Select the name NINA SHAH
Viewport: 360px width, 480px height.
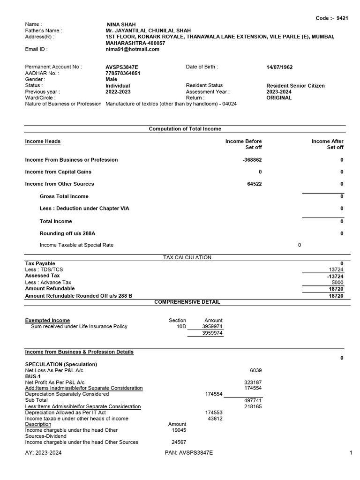coord(121,24)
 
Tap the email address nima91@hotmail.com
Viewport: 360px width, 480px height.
coord(133,49)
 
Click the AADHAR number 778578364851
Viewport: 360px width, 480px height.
coord(123,73)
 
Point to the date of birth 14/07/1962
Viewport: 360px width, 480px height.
coord(279,67)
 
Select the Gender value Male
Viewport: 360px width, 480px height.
coord(112,79)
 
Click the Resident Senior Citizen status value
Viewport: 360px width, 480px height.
coord(295,86)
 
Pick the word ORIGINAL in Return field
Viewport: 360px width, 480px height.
coord(279,98)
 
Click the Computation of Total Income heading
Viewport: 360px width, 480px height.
coord(185,129)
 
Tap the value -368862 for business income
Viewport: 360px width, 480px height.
coord(252,160)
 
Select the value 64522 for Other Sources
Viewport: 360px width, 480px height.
coord(255,184)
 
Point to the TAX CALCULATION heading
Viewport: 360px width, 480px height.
coord(187,257)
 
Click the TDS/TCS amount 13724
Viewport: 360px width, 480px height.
coord(336,270)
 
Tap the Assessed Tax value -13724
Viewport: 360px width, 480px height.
coord(335,276)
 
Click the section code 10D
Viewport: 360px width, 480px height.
coord(181,327)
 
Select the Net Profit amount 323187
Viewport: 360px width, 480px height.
coord(253,382)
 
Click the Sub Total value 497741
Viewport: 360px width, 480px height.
coord(253,400)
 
